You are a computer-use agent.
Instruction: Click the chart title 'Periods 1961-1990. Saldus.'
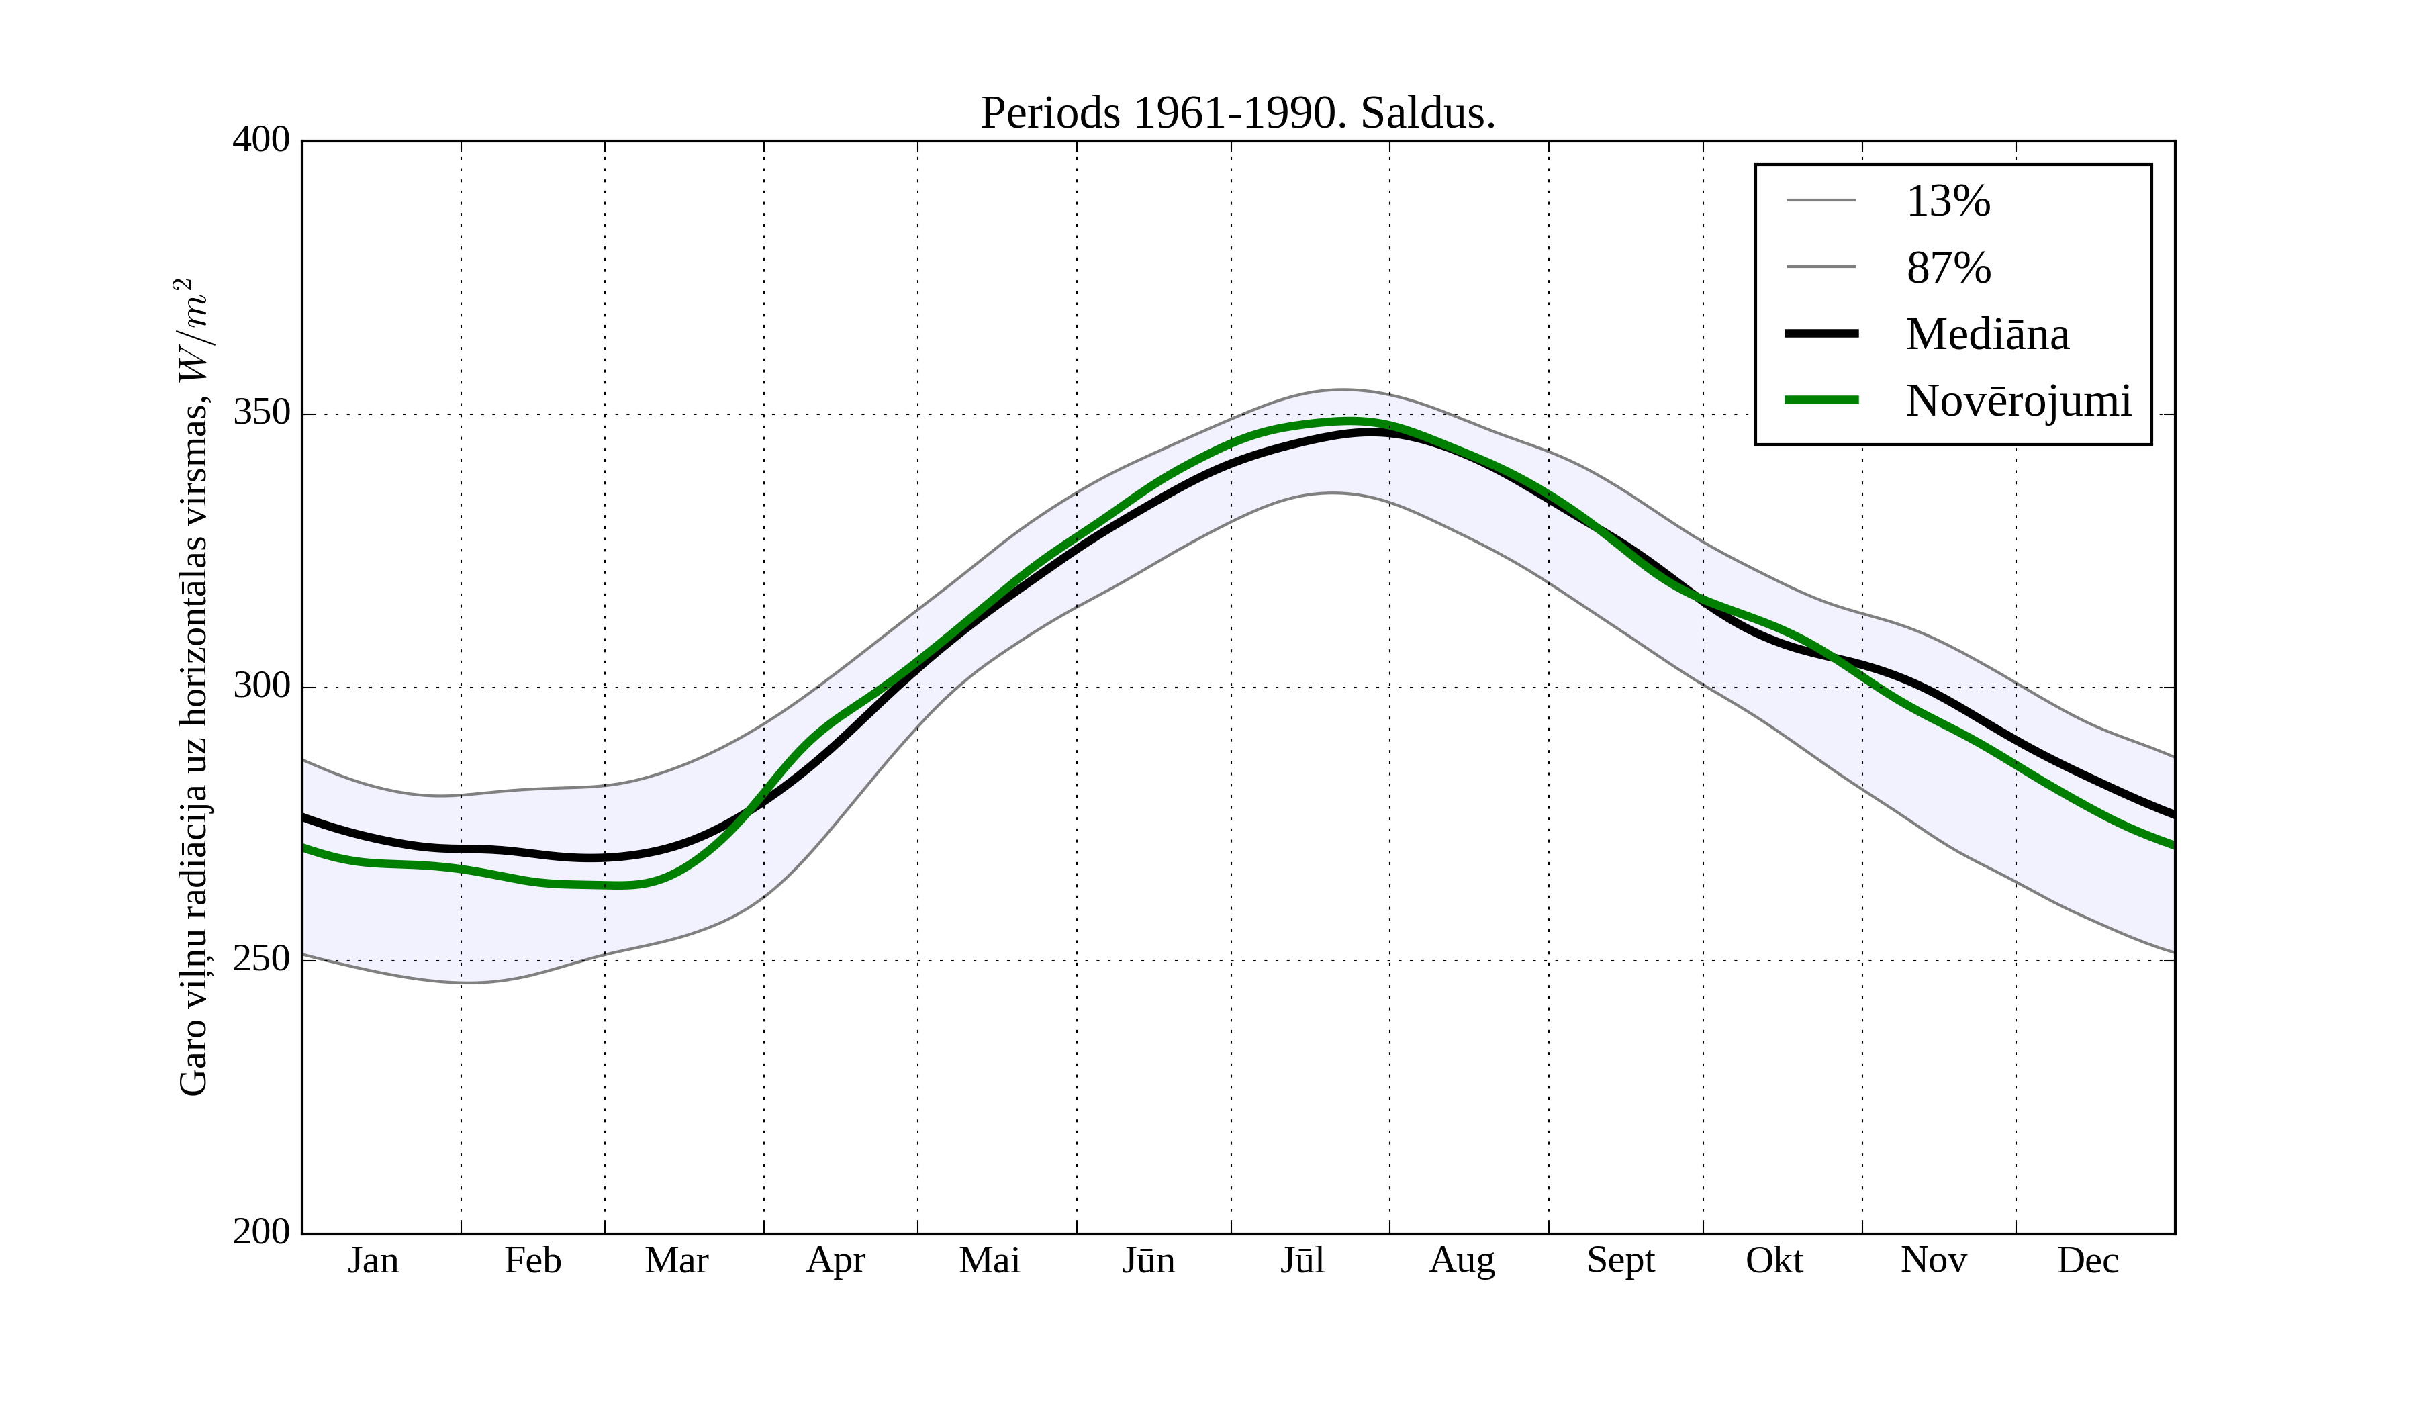1237,113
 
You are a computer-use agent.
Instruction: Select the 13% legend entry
1948,201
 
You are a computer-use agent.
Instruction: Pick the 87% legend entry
1948,268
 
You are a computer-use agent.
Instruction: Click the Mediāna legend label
1987,334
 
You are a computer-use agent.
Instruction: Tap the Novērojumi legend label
2018,401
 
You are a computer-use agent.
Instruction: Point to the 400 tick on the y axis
261,140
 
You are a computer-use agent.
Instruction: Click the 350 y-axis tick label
261,414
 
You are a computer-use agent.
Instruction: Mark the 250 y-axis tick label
261,959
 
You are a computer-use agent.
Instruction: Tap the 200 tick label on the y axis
261,1231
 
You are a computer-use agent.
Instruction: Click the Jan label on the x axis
373,1260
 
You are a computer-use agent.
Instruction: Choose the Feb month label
532,1260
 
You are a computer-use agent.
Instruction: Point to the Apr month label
835,1260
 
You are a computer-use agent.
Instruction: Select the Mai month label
989,1260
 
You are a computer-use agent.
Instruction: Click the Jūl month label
1302,1260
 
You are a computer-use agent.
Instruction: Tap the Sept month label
1620,1260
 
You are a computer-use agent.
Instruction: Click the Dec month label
2087,1260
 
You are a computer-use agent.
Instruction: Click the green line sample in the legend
1820,400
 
